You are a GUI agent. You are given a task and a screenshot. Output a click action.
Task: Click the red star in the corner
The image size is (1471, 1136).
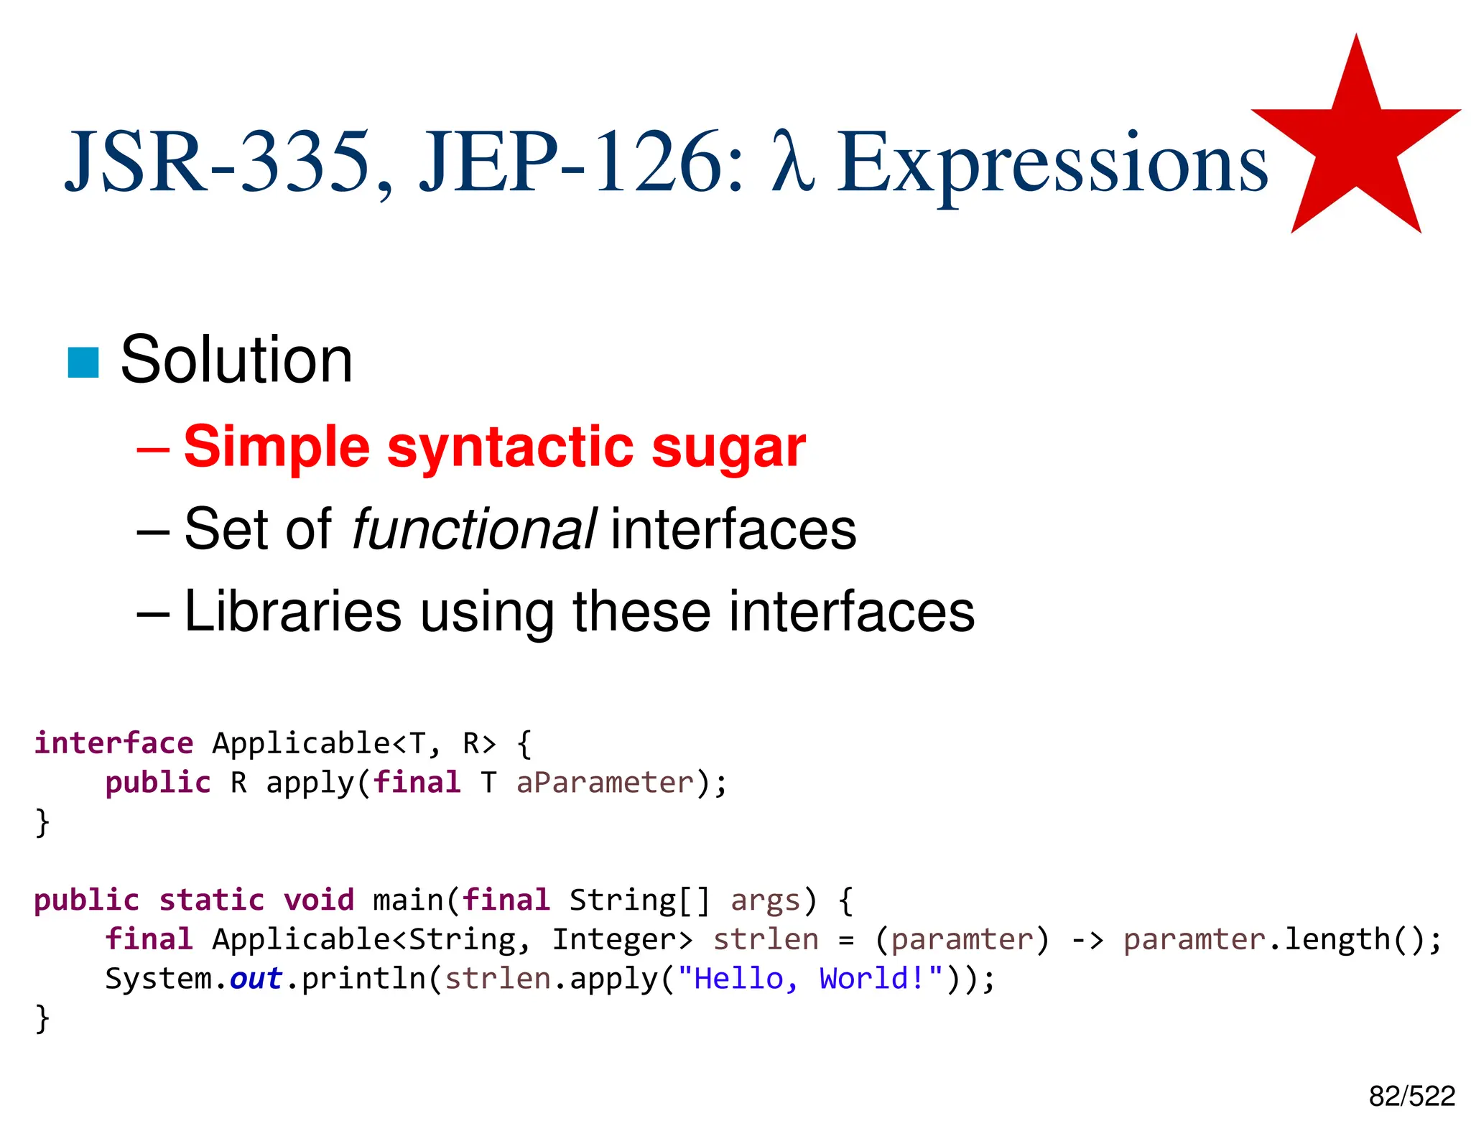tap(1356, 144)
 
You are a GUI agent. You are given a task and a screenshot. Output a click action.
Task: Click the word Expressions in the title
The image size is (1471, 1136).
tap(1052, 164)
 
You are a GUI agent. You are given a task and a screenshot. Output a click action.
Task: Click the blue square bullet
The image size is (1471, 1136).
tap(83, 363)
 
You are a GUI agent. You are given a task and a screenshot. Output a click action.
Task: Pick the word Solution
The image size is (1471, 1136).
tap(236, 360)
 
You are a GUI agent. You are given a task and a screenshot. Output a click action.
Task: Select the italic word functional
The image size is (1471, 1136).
tap(473, 529)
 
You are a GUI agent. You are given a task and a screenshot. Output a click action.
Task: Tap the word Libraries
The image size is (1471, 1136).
tap(292, 611)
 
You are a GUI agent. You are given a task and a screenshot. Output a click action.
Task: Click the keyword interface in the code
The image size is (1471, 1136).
tap(114, 743)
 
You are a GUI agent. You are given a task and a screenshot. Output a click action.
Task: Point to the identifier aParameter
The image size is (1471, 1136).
tap(605, 783)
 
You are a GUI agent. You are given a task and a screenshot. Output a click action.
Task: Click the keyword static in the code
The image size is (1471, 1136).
tap(211, 900)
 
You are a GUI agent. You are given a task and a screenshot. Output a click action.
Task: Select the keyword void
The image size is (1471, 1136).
tap(319, 900)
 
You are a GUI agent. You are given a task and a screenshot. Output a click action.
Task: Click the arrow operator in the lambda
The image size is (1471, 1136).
tap(1087, 940)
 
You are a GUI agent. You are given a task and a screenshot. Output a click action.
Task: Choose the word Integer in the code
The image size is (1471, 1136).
tap(622, 940)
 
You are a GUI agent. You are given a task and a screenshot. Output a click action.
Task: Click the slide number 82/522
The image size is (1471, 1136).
tap(1411, 1097)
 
